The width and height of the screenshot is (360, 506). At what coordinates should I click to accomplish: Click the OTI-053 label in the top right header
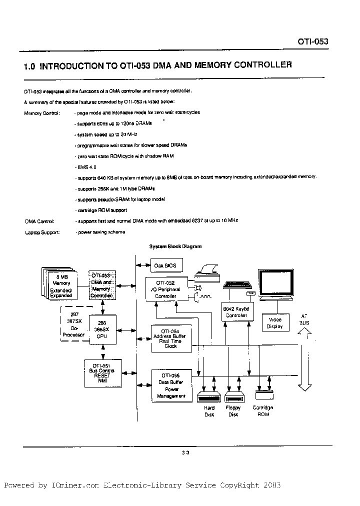[x=313, y=42]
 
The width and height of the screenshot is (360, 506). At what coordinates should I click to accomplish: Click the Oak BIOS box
[x=167, y=265]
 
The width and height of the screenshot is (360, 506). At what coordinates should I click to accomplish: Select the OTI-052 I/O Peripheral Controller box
[x=166, y=289]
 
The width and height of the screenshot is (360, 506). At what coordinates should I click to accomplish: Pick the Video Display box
[x=275, y=323]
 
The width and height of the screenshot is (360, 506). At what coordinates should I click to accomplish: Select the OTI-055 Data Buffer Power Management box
[x=170, y=385]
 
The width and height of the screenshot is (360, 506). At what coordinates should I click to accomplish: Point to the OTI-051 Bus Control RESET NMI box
[x=102, y=373]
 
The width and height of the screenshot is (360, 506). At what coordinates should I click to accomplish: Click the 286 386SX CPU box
[x=102, y=330]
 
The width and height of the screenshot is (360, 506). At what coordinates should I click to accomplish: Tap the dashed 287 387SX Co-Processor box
[x=73, y=324]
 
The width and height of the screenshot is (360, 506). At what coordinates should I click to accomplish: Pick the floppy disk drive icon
[x=233, y=398]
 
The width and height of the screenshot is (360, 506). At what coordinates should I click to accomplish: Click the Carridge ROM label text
[x=262, y=410]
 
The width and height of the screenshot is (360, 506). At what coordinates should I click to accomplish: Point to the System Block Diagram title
[x=175, y=246]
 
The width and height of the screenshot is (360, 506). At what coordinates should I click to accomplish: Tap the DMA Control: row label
[x=39, y=221]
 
